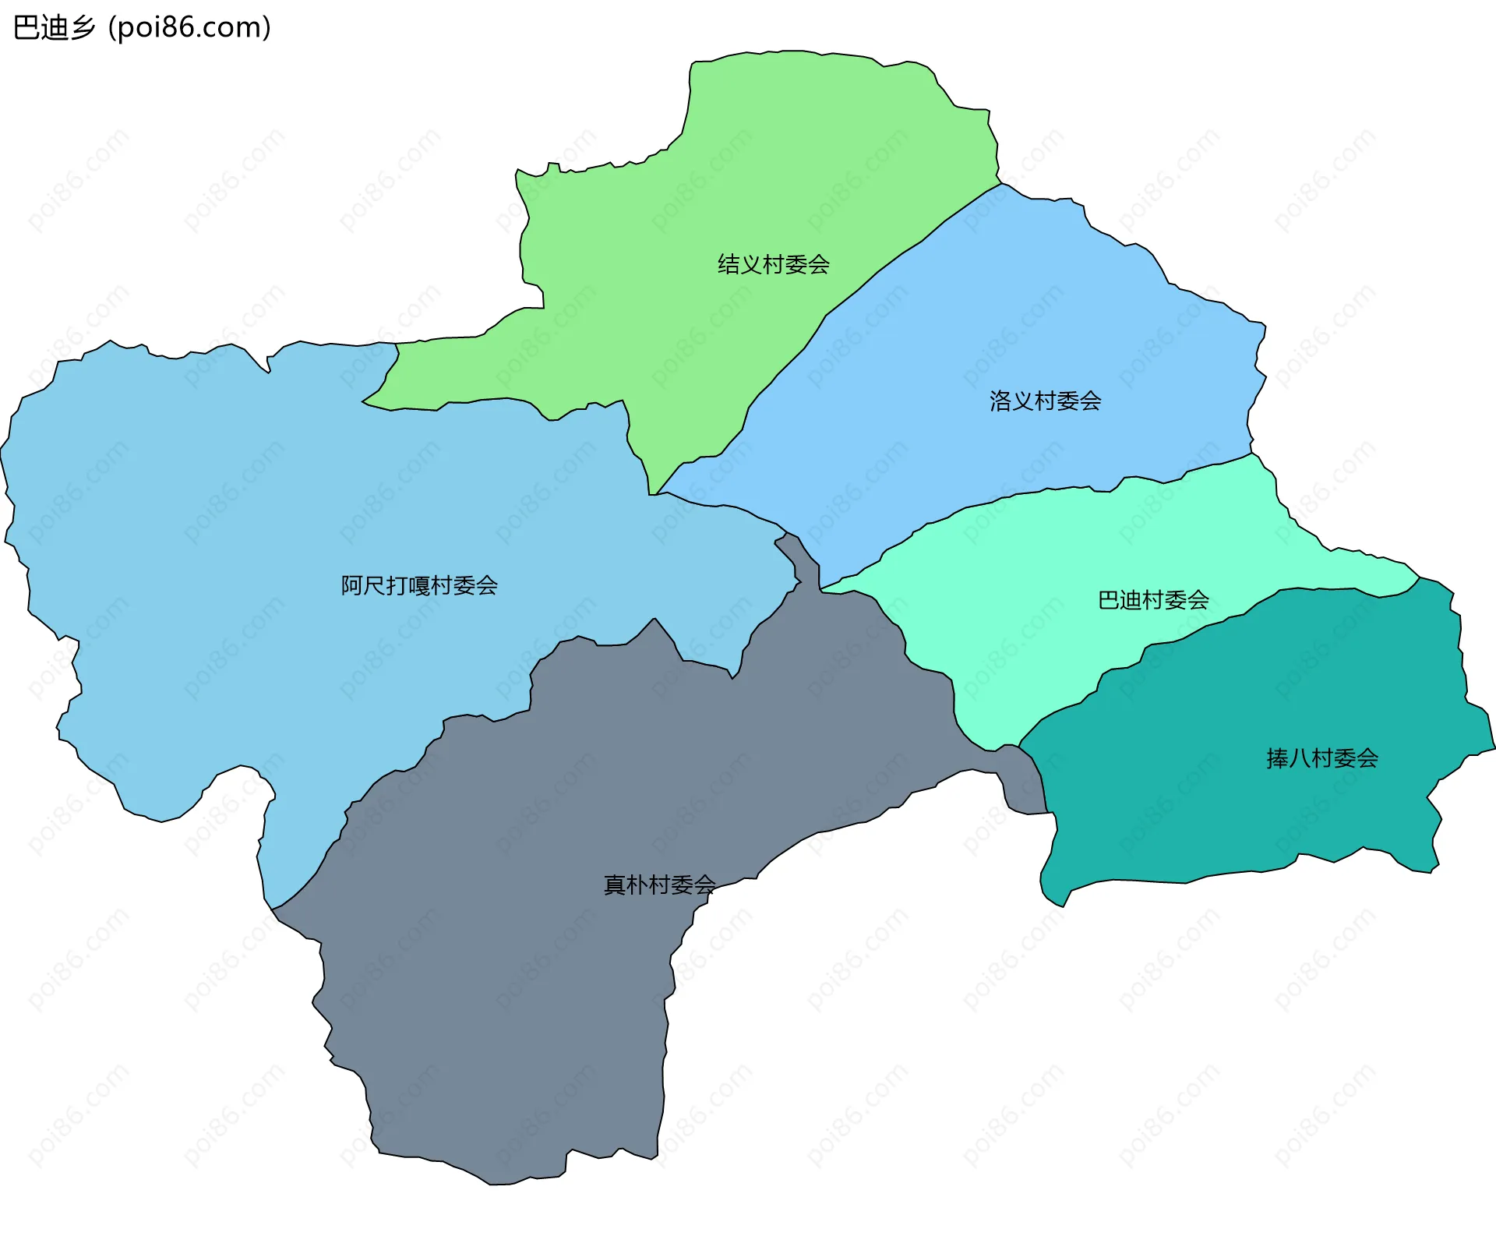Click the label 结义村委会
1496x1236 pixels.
point(773,265)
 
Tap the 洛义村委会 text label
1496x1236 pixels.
point(1045,401)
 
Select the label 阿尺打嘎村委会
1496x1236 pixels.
point(419,585)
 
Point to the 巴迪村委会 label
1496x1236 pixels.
point(1153,600)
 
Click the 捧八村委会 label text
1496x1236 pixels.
point(1322,758)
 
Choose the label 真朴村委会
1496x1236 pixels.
point(659,885)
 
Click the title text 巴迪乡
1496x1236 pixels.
point(55,28)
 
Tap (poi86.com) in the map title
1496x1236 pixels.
point(190,28)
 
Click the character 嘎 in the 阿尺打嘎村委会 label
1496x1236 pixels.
point(419,585)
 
